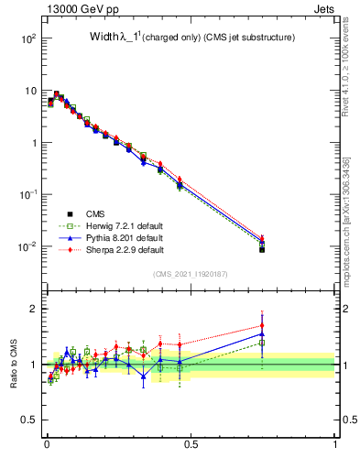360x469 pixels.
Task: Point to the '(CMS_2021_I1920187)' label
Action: [x=190, y=274]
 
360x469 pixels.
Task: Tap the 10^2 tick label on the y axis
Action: [x=27, y=39]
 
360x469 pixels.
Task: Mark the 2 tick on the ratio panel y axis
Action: [x=34, y=309]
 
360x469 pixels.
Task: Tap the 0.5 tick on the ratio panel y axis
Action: [x=30, y=420]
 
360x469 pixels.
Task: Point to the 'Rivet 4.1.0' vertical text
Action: [x=345, y=64]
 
